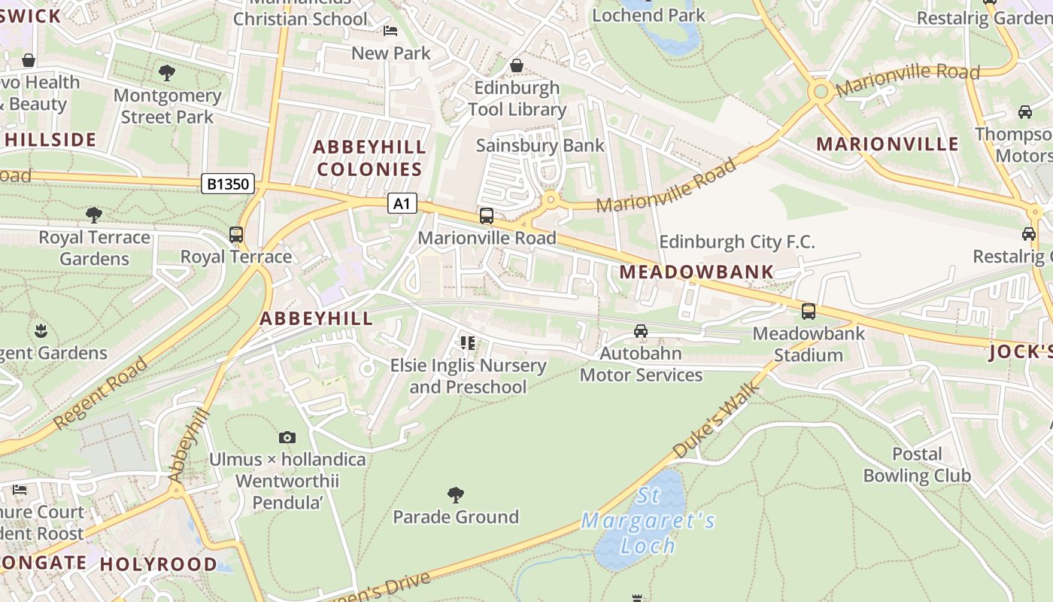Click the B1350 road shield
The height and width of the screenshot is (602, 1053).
coord(228,184)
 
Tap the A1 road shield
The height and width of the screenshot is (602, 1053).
coord(402,203)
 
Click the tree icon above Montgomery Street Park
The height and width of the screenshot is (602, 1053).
coord(167,73)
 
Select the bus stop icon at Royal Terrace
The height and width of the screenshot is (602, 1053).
coord(236,235)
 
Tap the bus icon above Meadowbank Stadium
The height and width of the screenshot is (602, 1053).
coord(809,311)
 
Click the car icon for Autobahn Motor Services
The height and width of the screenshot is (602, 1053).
coord(641,330)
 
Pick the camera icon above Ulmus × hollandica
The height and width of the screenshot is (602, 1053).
coord(287,437)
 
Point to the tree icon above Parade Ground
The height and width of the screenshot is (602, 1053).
coord(455,494)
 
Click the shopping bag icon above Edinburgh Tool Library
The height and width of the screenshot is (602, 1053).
coord(517,65)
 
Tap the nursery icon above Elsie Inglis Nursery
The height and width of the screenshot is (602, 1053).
coord(468,343)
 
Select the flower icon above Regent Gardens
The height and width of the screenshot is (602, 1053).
coord(41,330)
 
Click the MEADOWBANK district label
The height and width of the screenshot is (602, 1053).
coord(696,272)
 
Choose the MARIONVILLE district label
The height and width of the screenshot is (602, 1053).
coord(888,144)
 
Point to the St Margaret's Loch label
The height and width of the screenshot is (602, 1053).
coord(648,521)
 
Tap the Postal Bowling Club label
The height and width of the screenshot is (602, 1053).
coord(917,464)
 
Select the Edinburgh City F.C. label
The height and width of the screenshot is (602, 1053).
coord(737,242)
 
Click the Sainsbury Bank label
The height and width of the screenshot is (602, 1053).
coord(540,145)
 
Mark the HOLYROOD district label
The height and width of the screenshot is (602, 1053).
coord(159,564)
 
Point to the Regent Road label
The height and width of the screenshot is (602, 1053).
coord(100,394)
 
